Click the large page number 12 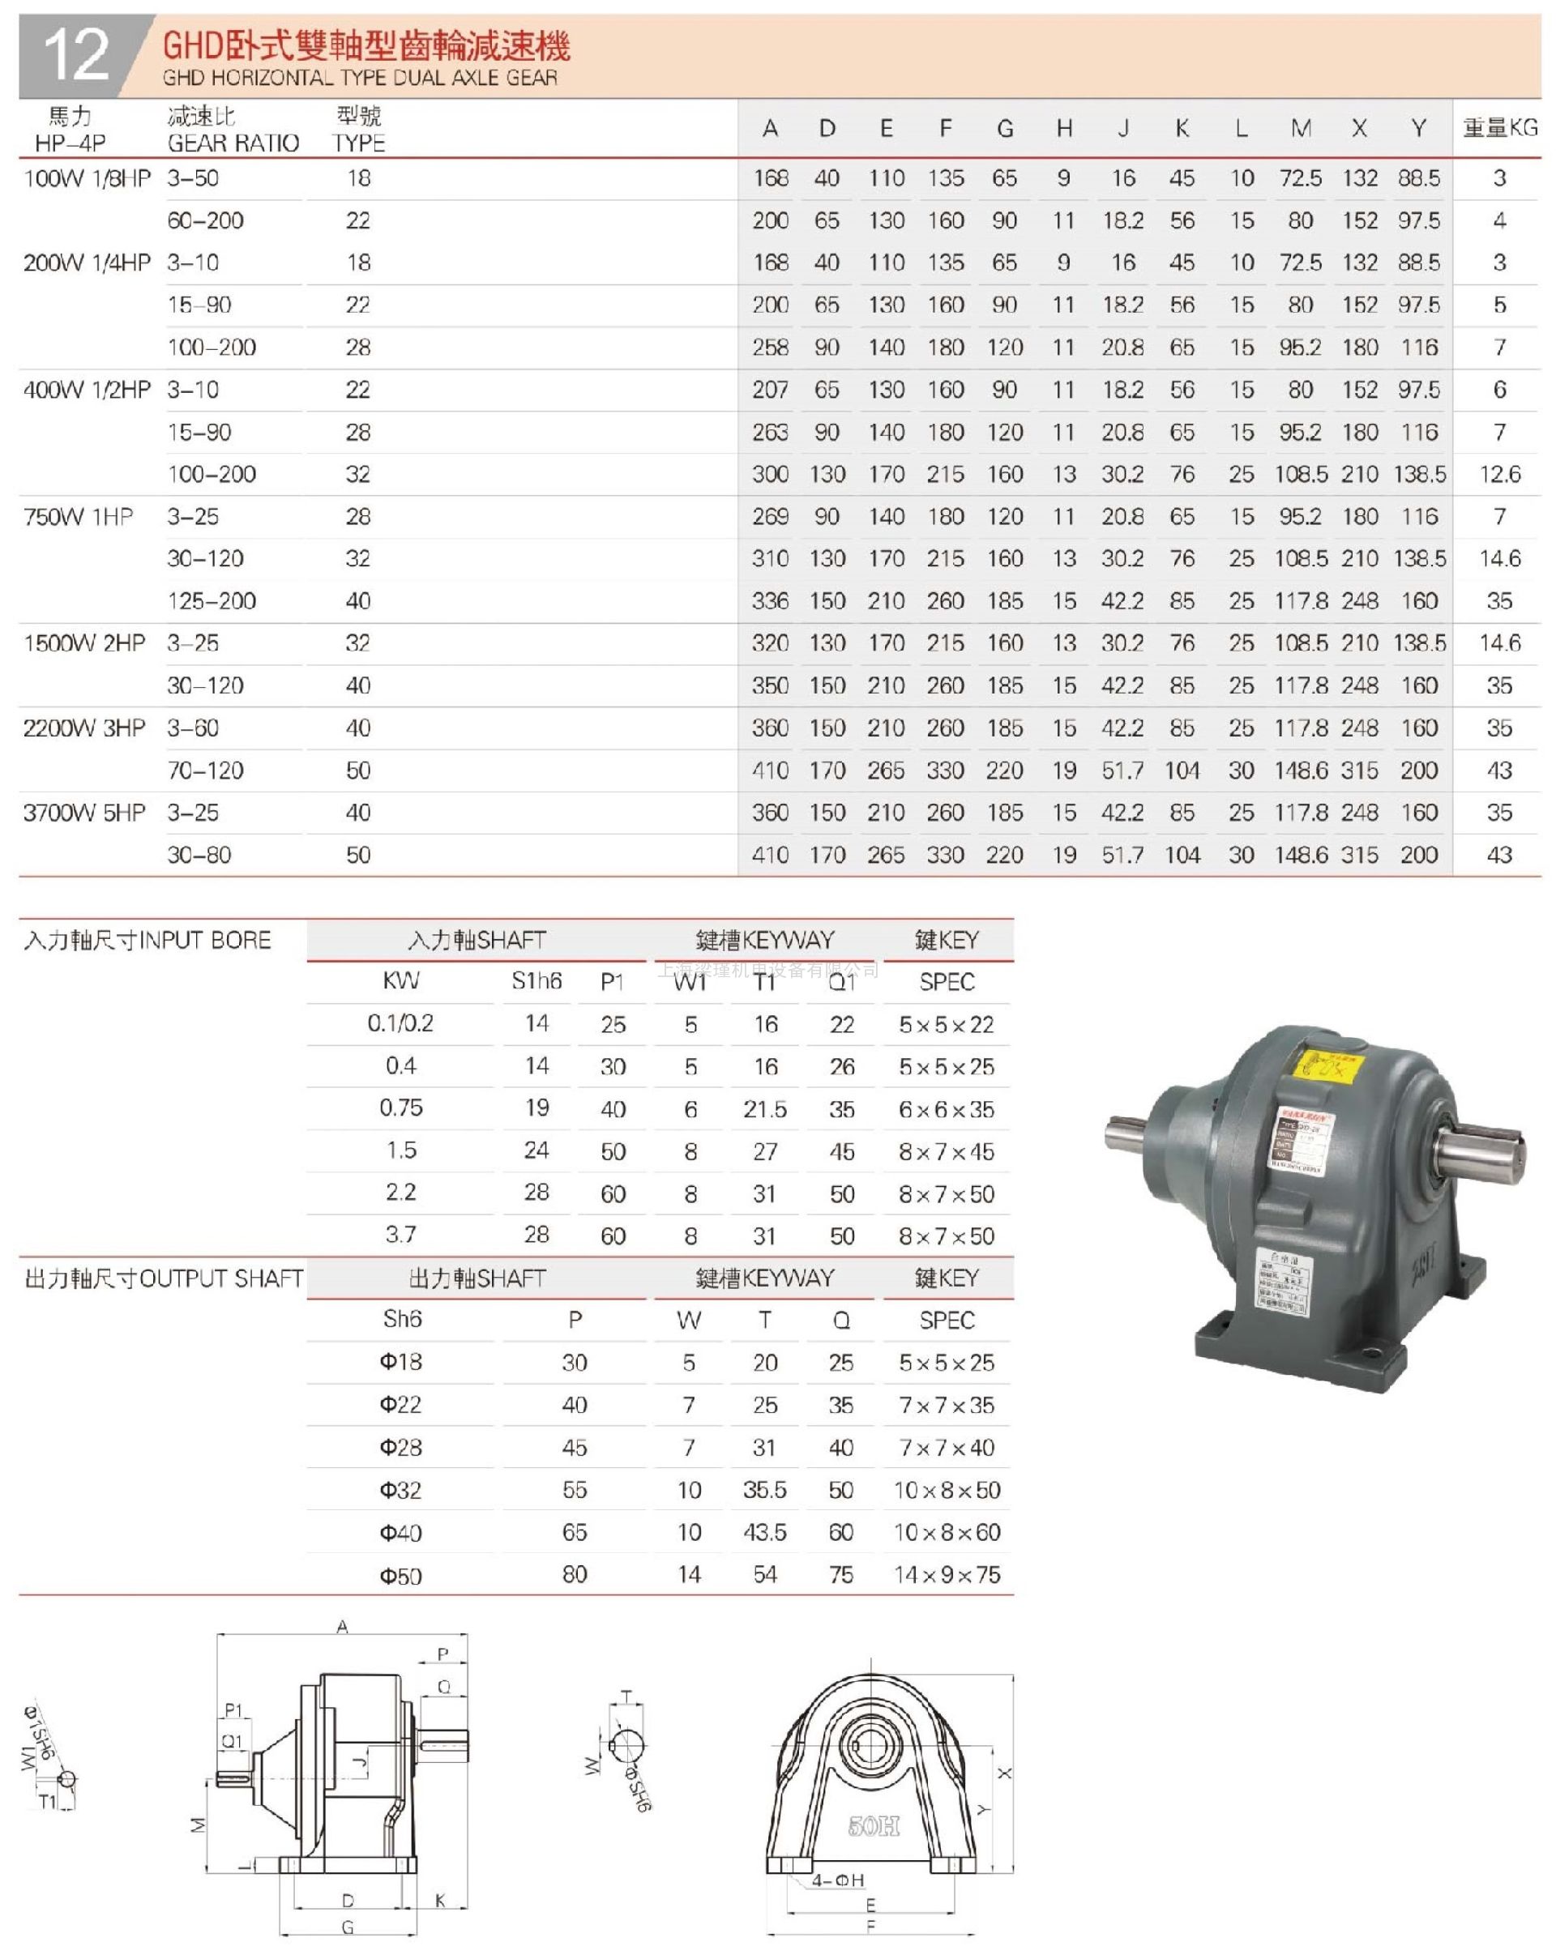[x=76, y=54]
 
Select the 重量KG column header [x=1499, y=128]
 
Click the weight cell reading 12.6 [x=1499, y=474]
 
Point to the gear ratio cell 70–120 [x=205, y=770]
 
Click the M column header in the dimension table [x=1301, y=128]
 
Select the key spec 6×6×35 [x=946, y=1108]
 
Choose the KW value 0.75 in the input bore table [x=401, y=1108]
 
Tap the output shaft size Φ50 [x=401, y=1576]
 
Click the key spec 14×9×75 [x=946, y=1575]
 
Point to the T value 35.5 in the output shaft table [x=764, y=1490]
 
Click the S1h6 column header [x=536, y=981]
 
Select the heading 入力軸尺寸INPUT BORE [x=147, y=941]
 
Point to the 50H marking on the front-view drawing [x=874, y=1825]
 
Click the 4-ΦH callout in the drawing [x=837, y=1880]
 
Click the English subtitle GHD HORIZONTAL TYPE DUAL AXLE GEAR [x=360, y=78]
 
